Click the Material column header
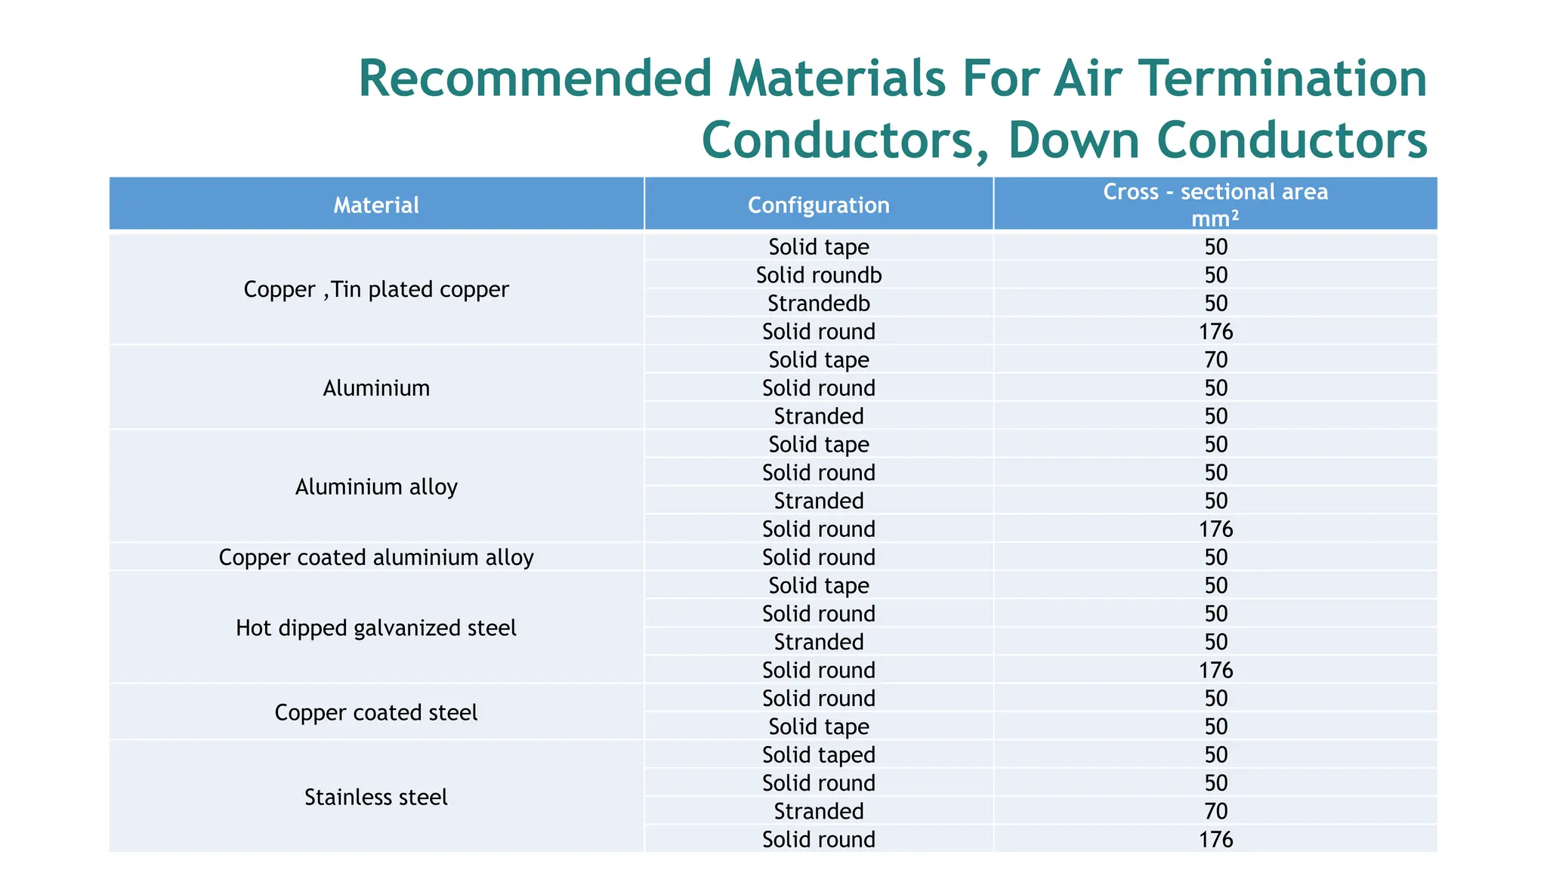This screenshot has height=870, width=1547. click(x=376, y=205)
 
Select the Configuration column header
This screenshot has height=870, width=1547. click(x=818, y=205)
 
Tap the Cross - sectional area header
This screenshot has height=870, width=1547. click(x=1215, y=193)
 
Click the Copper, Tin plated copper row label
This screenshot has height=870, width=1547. click(x=376, y=289)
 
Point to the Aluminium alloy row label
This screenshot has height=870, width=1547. click(x=376, y=487)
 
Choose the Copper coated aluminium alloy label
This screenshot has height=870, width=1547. click(x=376, y=557)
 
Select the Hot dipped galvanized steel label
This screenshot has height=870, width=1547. click(x=376, y=628)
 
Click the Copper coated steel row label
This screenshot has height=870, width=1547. click(x=376, y=713)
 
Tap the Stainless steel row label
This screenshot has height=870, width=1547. click(x=376, y=797)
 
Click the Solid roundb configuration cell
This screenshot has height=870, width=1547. click(x=819, y=275)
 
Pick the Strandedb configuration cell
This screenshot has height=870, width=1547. click(x=819, y=304)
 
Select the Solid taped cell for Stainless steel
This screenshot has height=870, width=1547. click(x=819, y=755)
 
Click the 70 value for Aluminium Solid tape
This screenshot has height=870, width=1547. click(x=1215, y=360)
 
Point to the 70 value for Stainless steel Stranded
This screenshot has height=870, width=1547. click(x=1215, y=812)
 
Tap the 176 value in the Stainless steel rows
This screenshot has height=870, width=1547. click(x=1215, y=840)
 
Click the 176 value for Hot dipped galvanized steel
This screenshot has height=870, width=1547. click(x=1215, y=671)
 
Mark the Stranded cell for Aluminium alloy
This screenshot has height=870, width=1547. click(x=819, y=501)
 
